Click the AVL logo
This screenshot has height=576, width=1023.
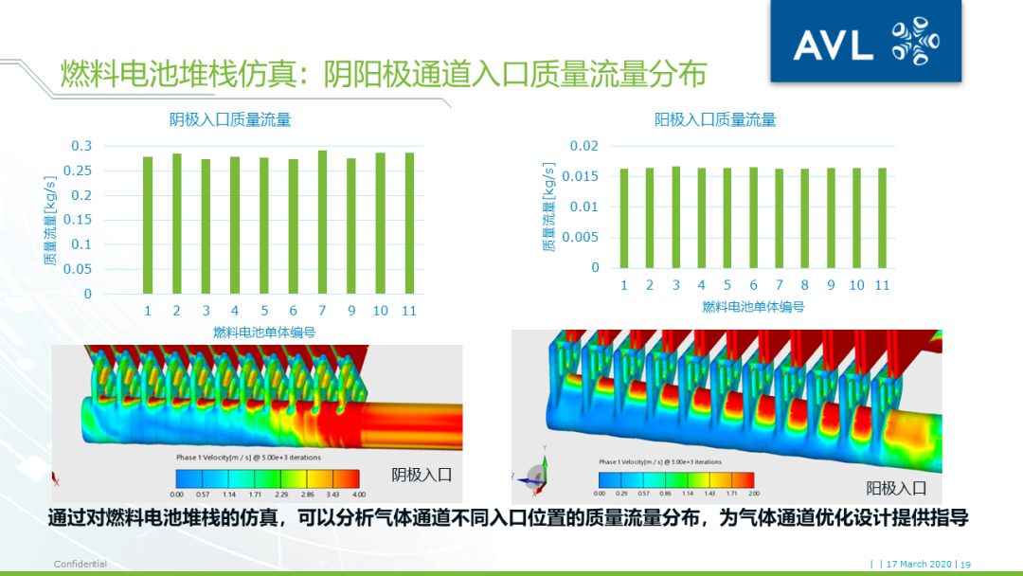[865, 43]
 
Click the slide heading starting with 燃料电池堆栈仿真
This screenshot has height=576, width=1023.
[384, 74]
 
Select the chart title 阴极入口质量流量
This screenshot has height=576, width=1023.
[230, 119]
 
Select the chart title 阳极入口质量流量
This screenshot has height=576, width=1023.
[715, 119]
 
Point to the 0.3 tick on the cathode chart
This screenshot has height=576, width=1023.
[82, 146]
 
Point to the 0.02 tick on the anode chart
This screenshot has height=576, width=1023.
[584, 146]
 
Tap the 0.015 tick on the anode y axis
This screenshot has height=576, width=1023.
[581, 176]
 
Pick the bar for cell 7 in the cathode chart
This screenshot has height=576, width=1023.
[322, 222]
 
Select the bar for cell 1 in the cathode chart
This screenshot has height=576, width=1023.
[148, 225]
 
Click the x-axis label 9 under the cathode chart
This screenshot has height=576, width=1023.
[350, 311]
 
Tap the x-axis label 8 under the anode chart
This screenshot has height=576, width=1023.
[804, 285]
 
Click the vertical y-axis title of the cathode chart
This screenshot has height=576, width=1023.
[48, 220]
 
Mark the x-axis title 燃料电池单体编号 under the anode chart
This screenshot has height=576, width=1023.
[753, 307]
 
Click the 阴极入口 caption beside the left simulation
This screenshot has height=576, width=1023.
[422, 475]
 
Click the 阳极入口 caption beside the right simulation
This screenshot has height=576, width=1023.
[896, 488]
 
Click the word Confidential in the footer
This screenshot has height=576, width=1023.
[80, 565]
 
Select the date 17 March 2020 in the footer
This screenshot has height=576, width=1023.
[919, 565]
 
